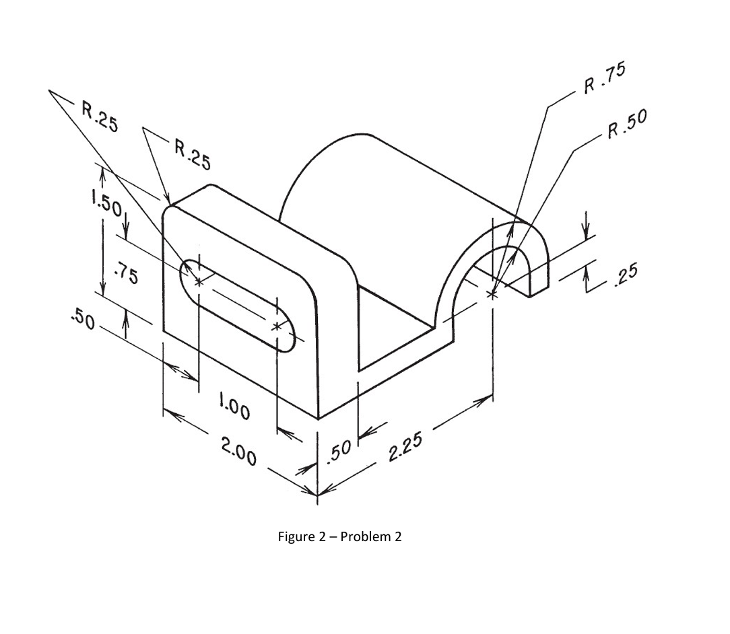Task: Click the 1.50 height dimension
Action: point(106,204)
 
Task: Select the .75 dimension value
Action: point(126,273)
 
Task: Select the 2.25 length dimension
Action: point(405,446)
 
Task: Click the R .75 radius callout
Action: point(605,77)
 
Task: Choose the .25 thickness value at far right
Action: point(626,276)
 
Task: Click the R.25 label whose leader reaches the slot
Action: point(100,116)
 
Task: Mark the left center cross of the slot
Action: point(199,281)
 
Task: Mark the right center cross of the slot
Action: point(277,326)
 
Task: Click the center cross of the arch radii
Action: point(492,294)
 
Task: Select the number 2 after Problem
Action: point(397,537)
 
